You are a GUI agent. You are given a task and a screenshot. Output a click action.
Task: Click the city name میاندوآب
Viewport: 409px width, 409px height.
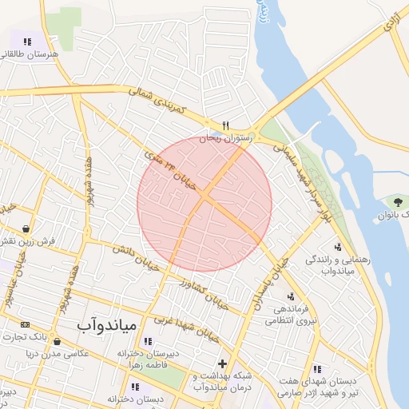[109, 326]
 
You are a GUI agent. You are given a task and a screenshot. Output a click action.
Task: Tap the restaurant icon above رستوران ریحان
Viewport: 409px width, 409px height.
[226, 125]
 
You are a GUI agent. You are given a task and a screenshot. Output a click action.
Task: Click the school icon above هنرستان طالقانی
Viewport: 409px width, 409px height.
[27, 42]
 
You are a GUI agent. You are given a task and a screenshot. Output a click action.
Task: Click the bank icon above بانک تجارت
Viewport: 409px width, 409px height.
[25, 324]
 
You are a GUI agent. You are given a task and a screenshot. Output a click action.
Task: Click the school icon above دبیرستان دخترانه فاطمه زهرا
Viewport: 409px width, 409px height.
[146, 341]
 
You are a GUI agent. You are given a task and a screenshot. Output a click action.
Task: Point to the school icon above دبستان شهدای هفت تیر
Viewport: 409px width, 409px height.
[318, 369]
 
